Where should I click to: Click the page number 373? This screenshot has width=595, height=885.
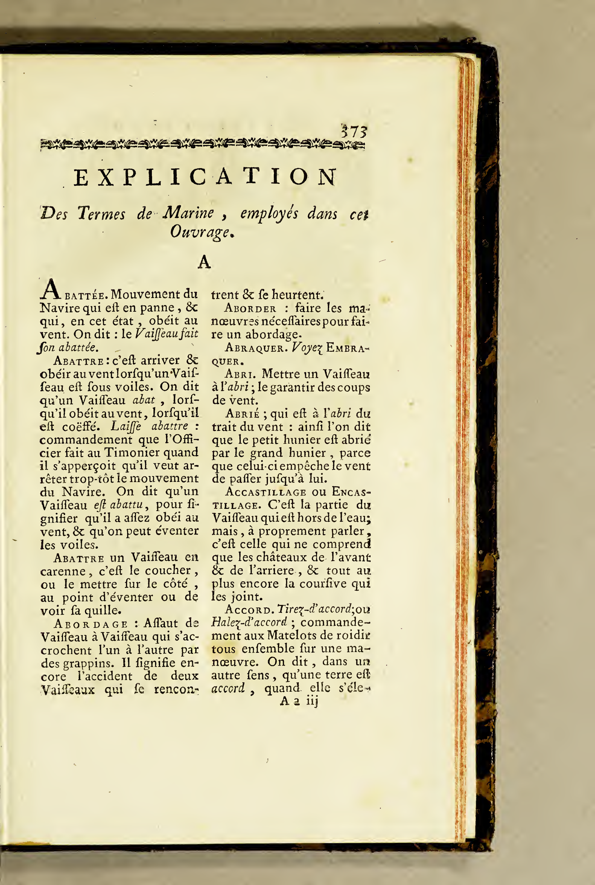pos(354,132)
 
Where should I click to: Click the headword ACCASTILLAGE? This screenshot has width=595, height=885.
pos(266,492)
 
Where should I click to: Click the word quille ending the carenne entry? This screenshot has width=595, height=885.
pos(102,610)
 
